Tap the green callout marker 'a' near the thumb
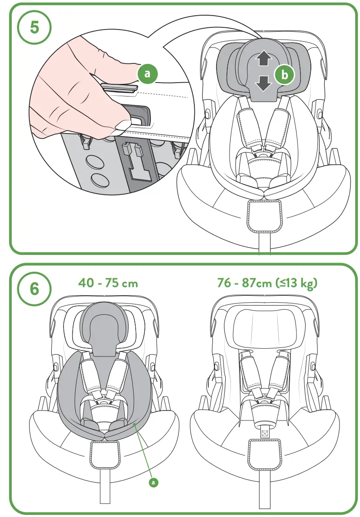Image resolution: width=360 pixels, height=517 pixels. [147, 73]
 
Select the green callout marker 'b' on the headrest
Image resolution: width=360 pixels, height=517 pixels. [285, 75]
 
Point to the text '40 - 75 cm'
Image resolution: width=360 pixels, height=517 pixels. [108, 283]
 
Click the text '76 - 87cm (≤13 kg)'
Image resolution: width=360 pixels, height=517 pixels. [267, 283]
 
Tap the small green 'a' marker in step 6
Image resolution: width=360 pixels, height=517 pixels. [153, 481]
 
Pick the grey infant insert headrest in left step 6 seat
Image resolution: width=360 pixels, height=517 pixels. [103, 324]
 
